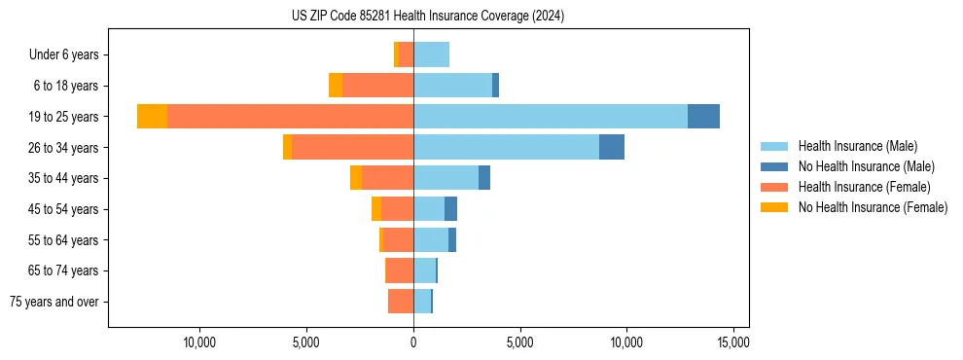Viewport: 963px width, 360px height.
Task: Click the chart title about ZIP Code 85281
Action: pyautogui.click(x=427, y=17)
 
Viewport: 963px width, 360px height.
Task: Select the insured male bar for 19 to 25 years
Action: pyautogui.click(x=551, y=116)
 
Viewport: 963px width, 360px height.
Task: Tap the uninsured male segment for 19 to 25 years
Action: pyautogui.click(x=703, y=116)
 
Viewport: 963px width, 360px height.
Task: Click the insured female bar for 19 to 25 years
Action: pyautogui.click(x=290, y=116)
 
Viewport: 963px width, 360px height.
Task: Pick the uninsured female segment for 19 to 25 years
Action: pyautogui.click(x=152, y=116)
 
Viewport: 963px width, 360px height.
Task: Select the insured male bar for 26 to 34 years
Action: pyautogui.click(x=506, y=147)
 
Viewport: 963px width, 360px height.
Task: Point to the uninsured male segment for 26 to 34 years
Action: pyautogui.click(x=612, y=147)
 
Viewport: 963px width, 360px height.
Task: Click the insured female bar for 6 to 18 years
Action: pyautogui.click(x=377, y=86)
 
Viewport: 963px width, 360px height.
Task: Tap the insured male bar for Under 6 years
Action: pyautogui.click(x=431, y=54)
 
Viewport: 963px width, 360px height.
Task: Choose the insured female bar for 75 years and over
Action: pyautogui.click(x=401, y=302)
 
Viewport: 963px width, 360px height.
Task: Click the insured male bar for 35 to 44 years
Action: pyautogui.click(x=446, y=178)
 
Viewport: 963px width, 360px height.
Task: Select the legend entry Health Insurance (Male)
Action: pyautogui.click(x=857, y=146)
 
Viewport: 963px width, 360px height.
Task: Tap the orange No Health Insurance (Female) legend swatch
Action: pyautogui.click(x=774, y=207)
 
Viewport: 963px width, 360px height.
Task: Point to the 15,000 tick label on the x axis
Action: pyautogui.click(x=732, y=342)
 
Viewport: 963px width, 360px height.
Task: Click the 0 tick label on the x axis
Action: pyautogui.click(x=413, y=342)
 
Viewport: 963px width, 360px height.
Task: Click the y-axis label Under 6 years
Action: pyautogui.click(x=69, y=54)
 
